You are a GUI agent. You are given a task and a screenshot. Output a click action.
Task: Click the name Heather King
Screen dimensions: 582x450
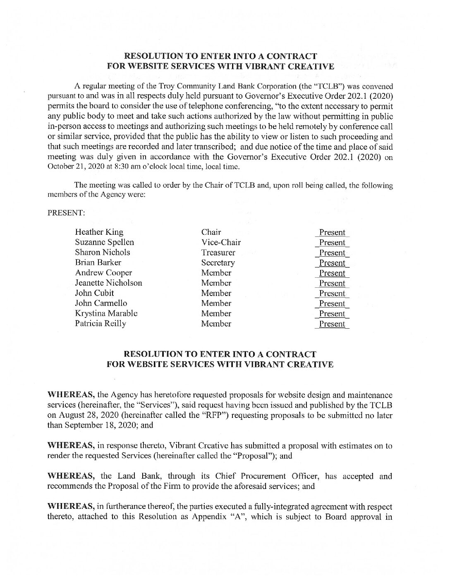(99, 232)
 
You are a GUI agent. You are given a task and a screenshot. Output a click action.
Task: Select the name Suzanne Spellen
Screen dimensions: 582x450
(104, 243)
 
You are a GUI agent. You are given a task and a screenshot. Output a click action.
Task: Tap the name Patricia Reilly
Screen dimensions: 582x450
(101, 324)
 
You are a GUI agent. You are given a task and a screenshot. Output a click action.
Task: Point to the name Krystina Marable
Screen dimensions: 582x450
(106, 314)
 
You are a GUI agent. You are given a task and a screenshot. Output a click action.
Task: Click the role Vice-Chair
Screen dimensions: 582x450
(221, 243)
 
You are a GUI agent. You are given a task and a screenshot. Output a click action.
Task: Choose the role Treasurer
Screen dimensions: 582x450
(218, 253)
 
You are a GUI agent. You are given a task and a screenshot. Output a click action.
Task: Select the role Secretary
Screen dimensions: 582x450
(218, 263)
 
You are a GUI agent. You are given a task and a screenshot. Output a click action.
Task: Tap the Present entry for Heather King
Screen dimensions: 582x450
(332, 233)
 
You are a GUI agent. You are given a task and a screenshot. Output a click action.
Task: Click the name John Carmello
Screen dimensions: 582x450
(101, 303)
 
